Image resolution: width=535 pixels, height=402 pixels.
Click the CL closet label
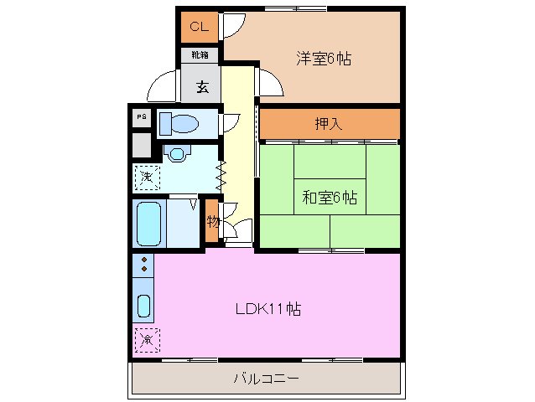click(199, 26)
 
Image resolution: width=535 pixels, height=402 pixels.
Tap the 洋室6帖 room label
click(323, 59)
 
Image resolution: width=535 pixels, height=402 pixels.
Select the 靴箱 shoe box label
click(200, 56)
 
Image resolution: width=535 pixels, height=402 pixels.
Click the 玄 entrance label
click(203, 85)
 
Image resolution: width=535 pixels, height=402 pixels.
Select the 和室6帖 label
click(330, 198)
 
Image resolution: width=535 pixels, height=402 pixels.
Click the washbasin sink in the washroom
click(176, 153)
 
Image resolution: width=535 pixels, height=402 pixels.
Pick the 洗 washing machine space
click(147, 178)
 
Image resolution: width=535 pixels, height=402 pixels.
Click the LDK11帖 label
click(267, 308)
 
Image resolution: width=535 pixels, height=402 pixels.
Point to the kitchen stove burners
click(143, 265)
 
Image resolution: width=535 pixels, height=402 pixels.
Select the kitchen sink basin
click(143, 307)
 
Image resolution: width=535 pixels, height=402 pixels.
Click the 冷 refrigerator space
click(146, 339)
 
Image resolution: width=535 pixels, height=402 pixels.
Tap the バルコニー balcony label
click(266, 379)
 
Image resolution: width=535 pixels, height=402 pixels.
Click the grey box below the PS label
click(142, 146)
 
